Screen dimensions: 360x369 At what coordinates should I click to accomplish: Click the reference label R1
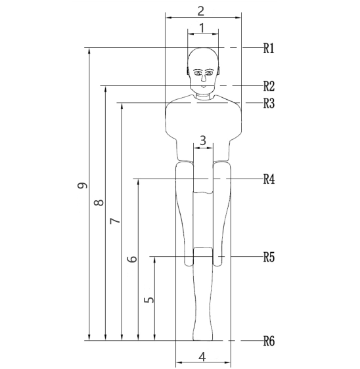coord(269,49)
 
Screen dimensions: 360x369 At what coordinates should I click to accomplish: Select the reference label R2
coord(269,86)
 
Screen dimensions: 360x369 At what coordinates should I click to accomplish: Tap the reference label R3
coord(269,103)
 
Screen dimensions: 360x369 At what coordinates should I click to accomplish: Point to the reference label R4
coord(269,179)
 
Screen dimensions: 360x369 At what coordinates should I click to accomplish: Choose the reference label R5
coord(269,257)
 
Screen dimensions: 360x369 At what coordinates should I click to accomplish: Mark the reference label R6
coord(269,341)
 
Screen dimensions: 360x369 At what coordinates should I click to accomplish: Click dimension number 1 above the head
coord(202,28)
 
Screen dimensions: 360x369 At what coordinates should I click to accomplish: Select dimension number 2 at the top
coord(200,11)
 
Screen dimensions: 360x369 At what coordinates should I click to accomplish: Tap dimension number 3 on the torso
coord(203,141)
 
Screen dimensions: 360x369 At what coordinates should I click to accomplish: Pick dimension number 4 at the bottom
coord(202,357)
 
